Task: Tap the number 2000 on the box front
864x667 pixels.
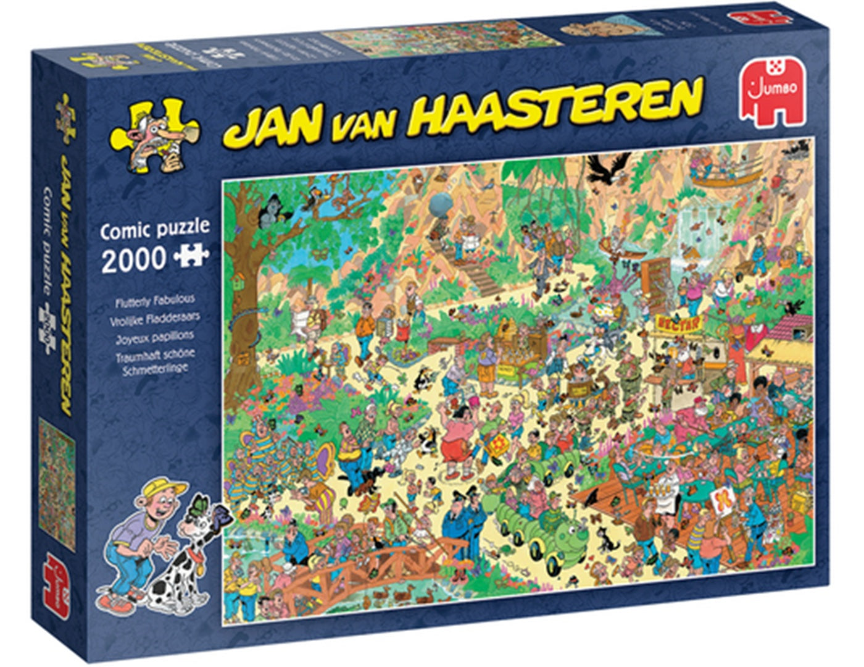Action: click(x=133, y=259)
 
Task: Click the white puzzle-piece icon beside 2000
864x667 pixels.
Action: click(x=191, y=255)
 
